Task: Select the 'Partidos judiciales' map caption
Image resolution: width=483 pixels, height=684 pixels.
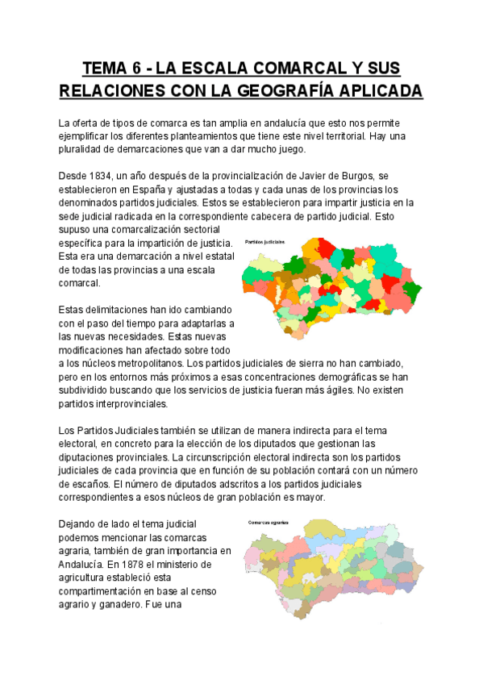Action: pyautogui.click(x=264, y=240)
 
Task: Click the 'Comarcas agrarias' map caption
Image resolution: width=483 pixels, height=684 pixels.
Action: pyautogui.click(x=269, y=522)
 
